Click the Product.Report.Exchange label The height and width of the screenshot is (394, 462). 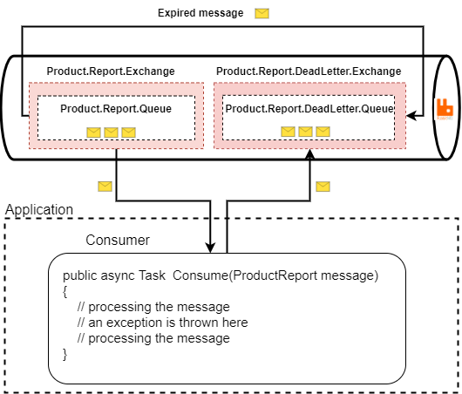tap(110, 71)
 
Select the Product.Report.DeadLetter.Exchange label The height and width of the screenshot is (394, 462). tap(309, 71)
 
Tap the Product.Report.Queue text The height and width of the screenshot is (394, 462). tap(115, 109)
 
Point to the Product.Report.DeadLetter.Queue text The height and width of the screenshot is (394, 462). tap(309, 109)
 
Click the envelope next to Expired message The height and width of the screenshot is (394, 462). tap(262, 13)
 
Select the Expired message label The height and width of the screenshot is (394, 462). tap(200, 13)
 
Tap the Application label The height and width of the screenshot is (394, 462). tap(39, 210)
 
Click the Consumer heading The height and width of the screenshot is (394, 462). tap(118, 240)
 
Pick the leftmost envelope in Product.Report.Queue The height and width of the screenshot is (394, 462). tap(93, 132)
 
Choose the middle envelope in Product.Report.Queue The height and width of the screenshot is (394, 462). tap(111, 132)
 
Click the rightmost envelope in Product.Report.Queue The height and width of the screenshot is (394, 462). tap(128, 132)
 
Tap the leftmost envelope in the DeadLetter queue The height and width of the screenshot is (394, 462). tap(288, 132)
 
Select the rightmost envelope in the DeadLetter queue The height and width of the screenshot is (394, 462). tap(323, 132)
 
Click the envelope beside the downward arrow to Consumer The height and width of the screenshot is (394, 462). tap(105, 186)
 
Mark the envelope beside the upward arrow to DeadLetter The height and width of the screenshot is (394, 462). tap(323, 186)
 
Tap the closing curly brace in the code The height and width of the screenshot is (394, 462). tap(65, 353)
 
